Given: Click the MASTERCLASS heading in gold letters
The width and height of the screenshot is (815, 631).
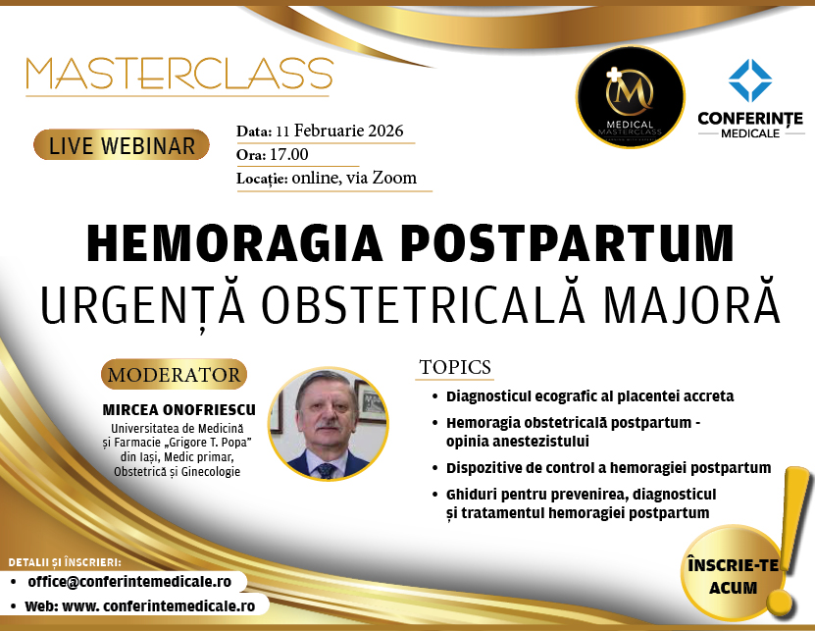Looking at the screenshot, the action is [179, 74].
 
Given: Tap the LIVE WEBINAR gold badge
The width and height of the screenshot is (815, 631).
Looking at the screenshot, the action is [121, 145].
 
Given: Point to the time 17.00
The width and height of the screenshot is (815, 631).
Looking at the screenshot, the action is [289, 154].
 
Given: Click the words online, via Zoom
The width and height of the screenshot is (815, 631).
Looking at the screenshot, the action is [354, 178].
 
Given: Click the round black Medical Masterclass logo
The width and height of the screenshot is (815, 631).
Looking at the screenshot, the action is [630, 97].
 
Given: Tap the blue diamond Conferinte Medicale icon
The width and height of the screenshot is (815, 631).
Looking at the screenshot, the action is [750, 80].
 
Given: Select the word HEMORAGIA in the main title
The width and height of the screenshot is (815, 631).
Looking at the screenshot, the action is [234, 243].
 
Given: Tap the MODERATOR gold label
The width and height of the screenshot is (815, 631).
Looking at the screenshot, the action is [174, 375].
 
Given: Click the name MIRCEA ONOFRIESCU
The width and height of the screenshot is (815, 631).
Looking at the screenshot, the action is [178, 410].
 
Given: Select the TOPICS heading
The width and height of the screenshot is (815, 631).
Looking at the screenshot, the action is [455, 367].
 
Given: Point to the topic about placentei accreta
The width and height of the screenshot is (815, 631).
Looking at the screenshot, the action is [590, 396].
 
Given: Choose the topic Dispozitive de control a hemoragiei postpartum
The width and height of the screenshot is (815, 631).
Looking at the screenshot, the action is [609, 468].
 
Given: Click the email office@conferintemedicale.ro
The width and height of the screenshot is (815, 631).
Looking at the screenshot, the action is [129, 582].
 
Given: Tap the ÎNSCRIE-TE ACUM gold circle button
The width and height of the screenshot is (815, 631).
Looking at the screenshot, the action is [733, 576].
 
